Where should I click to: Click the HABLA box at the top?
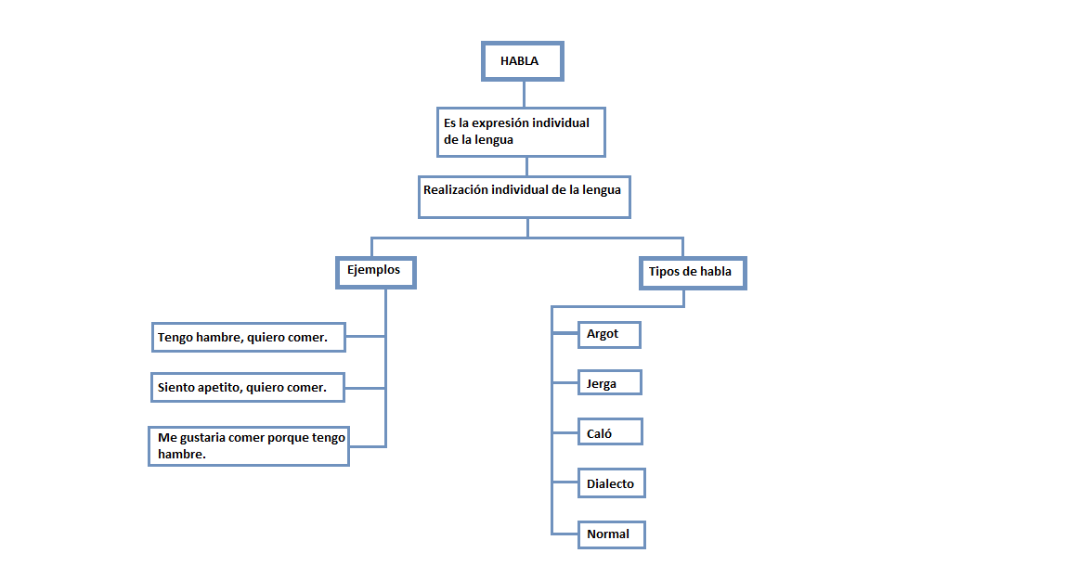[x=522, y=61]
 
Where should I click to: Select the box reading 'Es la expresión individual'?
[x=521, y=132]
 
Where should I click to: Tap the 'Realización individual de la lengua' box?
[x=524, y=197]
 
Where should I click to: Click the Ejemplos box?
[x=374, y=272]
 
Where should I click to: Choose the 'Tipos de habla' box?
[x=693, y=273]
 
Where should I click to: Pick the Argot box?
[x=608, y=334]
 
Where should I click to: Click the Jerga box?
[x=608, y=383]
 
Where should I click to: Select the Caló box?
[x=608, y=432]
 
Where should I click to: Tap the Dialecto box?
[x=611, y=483]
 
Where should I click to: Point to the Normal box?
[x=610, y=534]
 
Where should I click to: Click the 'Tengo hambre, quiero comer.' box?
[x=248, y=338]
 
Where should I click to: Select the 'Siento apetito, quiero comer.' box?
[x=247, y=388]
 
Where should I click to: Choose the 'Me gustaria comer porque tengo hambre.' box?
[x=249, y=446]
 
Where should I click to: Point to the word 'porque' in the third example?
[x=289, y=438]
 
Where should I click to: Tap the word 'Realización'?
[x=455, y=189]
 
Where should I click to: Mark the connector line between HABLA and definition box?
[x=524, y=94]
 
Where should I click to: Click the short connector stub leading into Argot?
[x=564, y=333]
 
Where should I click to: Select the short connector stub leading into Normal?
[x=564, y=534]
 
